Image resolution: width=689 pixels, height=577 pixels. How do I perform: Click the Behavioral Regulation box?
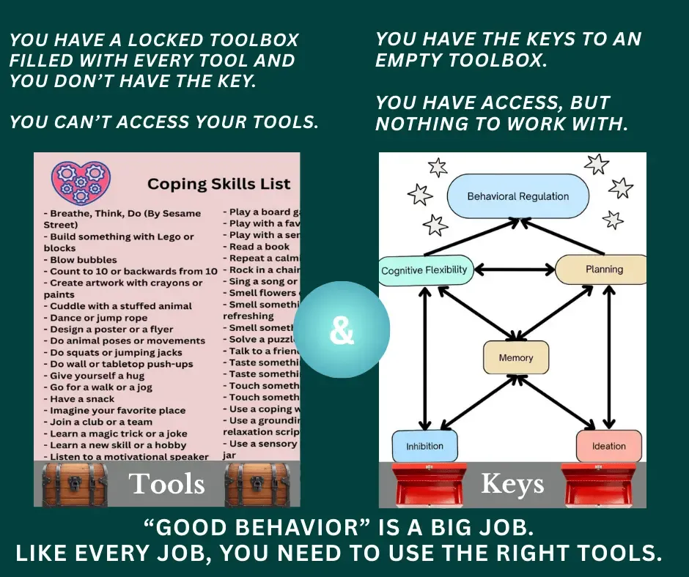coord(517,196)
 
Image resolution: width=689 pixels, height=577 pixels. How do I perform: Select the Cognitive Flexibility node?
coord(424,270)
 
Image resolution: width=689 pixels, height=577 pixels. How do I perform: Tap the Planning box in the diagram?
coord(603,269)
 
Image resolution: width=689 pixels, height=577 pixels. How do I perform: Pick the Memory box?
coord(515,358)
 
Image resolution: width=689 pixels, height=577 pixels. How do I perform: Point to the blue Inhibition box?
coord(424,446)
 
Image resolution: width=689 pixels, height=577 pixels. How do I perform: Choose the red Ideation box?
coord(608,446)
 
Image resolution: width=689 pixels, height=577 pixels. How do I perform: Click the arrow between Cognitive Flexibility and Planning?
coord(511,270)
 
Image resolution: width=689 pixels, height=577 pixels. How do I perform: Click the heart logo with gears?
coord(81,182)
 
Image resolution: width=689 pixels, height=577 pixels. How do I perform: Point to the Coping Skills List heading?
coord(218,184)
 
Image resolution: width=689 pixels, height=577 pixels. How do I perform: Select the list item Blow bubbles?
coord(83,260)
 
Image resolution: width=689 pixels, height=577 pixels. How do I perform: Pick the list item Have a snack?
coord(81,399)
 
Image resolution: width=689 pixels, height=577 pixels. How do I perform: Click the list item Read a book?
coord(259,247)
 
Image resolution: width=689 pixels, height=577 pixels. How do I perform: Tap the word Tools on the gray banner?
coord(166,484)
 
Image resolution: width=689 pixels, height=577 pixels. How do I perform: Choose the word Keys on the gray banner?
coord(512,484)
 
